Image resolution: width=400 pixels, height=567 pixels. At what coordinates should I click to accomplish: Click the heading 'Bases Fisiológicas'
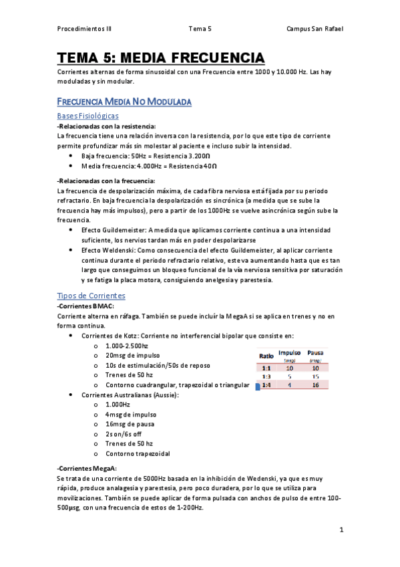[x=88, y=116]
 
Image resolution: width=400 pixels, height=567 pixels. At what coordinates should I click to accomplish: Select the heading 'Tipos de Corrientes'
[x=91, y=296]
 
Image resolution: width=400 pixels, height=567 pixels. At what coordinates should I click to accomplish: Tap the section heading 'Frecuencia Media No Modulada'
[x=124, y=102]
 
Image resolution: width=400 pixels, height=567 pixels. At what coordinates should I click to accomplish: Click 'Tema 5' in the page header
[x=200, y=29]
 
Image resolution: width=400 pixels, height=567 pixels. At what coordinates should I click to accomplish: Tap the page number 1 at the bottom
[x=341, y=530]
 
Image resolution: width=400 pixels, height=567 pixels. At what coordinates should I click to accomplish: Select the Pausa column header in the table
[x=316, y=352]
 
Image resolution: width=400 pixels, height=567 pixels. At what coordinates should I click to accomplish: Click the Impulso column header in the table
[x=289, y=352]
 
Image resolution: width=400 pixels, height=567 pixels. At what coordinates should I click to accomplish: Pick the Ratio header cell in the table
[x=266, y=356]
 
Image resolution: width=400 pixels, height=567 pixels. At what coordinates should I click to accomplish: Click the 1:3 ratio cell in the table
[x=266, y=376]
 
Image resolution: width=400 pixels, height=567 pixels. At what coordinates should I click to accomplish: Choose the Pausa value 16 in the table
[x=316, y=385]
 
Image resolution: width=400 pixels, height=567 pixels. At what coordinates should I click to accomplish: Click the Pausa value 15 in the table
[x=316, y=376]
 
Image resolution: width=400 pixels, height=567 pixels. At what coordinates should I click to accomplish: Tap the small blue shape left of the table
[x=258, y=386]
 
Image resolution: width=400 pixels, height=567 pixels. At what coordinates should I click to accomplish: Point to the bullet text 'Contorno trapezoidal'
[x=138, y=453]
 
